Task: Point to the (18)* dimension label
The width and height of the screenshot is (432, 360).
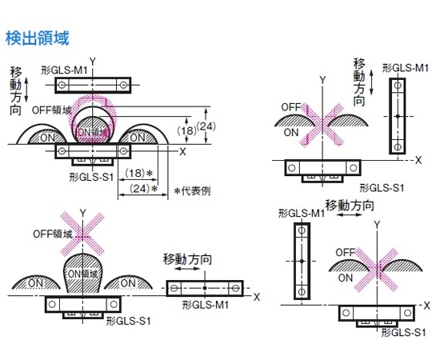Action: click(x=141, y=173)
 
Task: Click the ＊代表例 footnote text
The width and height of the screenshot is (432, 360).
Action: click(x=192, y=190)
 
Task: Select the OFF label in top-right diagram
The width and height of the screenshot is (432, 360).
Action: click(x=290, y=106)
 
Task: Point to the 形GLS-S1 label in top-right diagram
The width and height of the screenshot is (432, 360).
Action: click(x=382, y=186)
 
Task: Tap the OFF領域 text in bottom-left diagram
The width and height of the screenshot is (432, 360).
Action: click(x=53, y=234)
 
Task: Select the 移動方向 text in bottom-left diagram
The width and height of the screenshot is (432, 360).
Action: click(x=187, y=259)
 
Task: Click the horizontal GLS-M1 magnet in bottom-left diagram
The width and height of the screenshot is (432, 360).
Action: click(x=205, y=288)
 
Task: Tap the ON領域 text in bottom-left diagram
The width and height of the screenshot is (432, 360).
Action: click(x=82, y=274)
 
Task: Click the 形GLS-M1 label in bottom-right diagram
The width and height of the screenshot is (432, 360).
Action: click(x=301, y=214)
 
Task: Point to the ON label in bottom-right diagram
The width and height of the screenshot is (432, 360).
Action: click(x=345, y=278)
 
